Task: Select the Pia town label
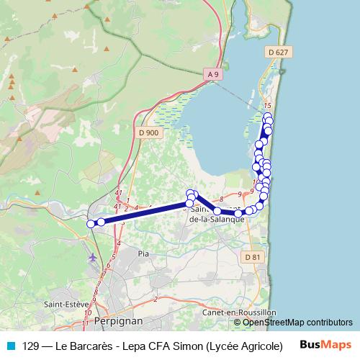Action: [143, 253]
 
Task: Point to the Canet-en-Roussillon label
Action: [239, 312]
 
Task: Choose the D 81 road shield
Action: [252, 257]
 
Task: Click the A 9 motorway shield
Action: [213, 74]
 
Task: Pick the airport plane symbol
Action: [93, 256]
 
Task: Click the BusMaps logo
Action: [325, 345]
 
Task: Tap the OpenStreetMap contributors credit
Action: [297, 323]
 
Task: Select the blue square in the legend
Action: [10, 346]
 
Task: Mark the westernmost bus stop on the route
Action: [91, 224]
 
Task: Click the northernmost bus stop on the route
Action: [268, 116]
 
